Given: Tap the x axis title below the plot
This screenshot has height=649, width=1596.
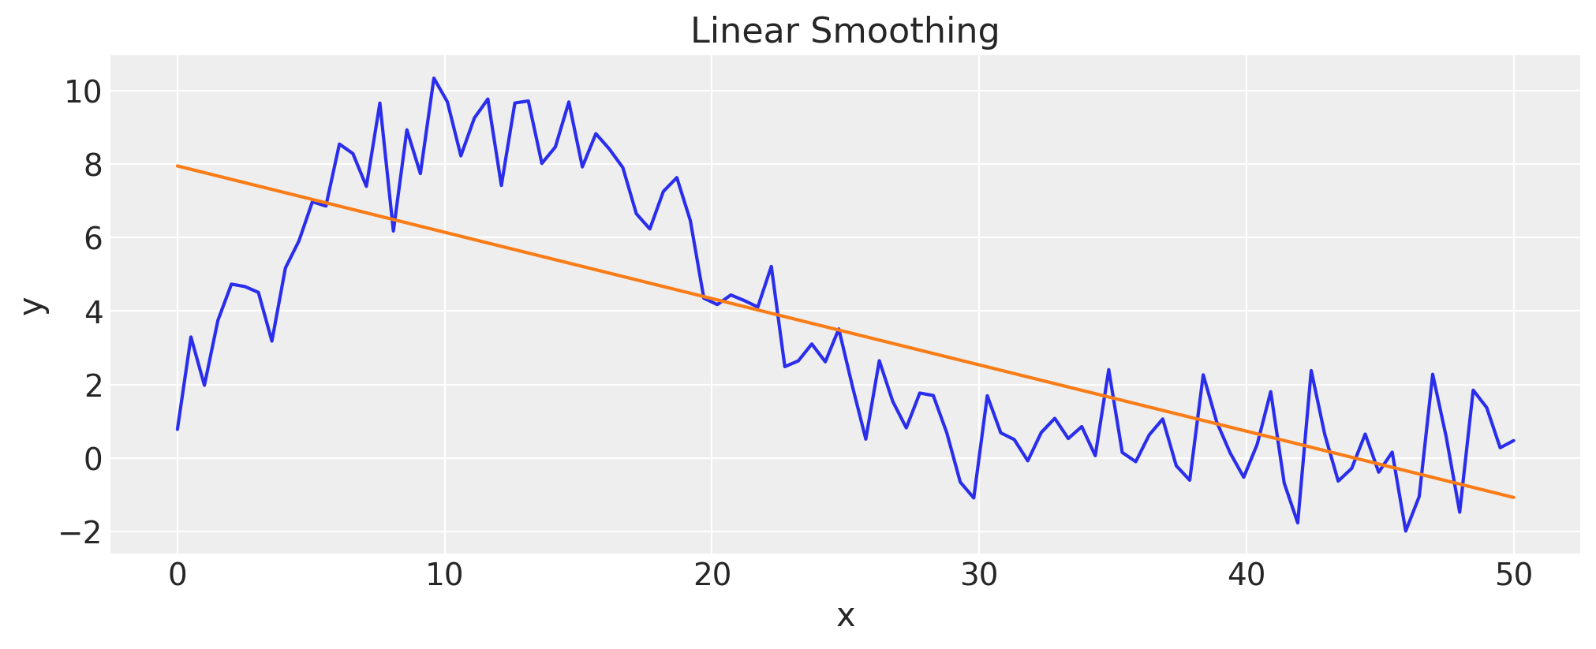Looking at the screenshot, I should click(x=845, y=617).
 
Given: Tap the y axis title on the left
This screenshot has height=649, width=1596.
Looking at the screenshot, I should click(x=32, y=306).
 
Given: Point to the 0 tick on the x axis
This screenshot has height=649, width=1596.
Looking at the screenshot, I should click(x=178, y=576).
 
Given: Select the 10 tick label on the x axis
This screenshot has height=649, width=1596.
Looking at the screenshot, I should click(x=444, y=576).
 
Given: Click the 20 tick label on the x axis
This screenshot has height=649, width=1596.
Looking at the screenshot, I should click(x=712, y=576).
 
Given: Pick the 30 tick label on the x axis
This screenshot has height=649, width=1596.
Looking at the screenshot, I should click(x=979, y=576).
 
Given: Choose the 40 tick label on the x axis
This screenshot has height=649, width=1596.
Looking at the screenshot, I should click(x=1247, y=576).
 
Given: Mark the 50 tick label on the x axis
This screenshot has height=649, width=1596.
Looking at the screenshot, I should click(x=1513, y=576).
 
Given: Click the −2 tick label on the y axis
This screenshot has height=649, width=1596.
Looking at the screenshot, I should click(x=80, y=533).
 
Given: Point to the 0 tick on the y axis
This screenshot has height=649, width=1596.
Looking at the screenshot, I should click(x=93, y=460).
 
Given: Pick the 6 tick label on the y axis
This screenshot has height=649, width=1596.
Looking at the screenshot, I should click(x=93, y=239).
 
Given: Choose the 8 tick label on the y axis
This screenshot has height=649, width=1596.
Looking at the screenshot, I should click(x=93, y=166).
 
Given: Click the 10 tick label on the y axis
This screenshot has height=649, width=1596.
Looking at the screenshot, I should click(x=83, y=92).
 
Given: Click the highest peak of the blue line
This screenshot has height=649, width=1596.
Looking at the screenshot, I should click(x=433, y=78).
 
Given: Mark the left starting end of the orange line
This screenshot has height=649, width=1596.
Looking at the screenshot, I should click(x=178, y=166).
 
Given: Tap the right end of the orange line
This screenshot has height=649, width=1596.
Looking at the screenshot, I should click(x=1513, y=498).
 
